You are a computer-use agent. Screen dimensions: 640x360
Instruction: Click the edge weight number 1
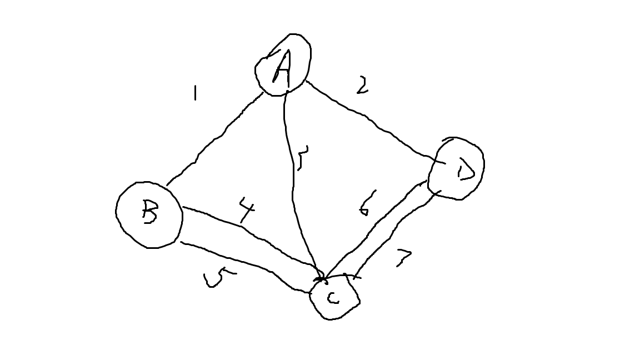point(194,93)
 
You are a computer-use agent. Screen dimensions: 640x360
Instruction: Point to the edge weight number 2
point(362,85)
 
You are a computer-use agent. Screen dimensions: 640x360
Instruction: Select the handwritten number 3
point(302,158)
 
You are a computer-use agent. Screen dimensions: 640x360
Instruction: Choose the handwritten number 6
point(367,203)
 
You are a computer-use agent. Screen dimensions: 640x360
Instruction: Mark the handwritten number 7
point(404,257)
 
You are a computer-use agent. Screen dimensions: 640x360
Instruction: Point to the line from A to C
point(292,178)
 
